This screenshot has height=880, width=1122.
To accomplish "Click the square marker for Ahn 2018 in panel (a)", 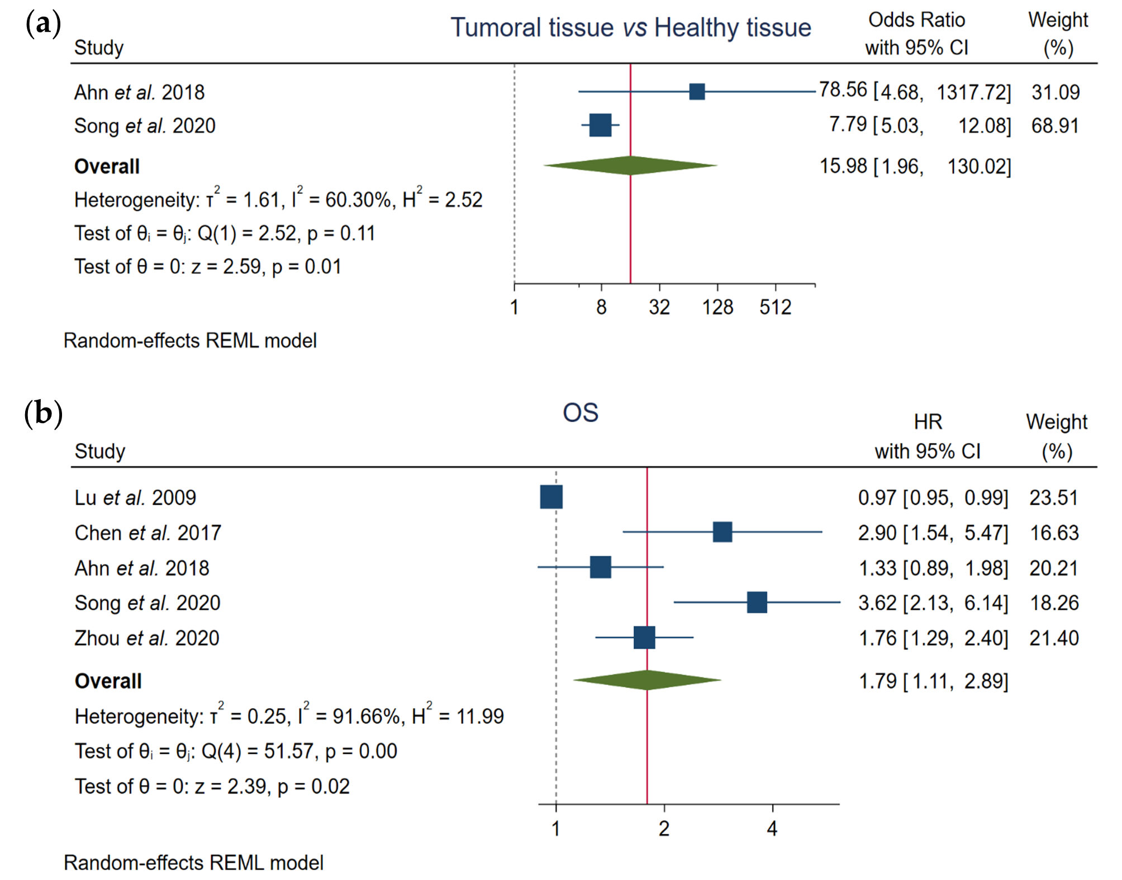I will point(697,92).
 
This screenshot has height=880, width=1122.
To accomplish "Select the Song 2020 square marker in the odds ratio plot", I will point(600,125).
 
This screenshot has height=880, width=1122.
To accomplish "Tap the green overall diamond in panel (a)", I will point(630,165).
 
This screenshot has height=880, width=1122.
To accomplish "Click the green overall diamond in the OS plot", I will point(647,680).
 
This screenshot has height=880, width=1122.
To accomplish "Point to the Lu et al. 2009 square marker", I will point(552,497).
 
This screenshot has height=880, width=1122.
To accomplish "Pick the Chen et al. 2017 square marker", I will point(722,532).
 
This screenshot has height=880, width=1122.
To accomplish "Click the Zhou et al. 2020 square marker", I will point(644,637).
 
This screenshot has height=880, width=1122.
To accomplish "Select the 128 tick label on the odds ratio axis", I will point(717,308).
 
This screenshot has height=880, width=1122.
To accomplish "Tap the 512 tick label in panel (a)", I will point(775,308).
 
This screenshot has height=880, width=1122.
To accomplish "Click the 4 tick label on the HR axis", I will point(772,829).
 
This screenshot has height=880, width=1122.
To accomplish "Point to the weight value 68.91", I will point(1055,126).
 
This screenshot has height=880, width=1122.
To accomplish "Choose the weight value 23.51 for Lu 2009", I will point(1053,498).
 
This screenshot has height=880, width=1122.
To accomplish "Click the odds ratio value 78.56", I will point(843,90).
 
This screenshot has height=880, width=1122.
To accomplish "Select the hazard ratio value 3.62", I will point(877,603).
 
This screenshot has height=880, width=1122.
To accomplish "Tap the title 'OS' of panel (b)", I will point(581,413).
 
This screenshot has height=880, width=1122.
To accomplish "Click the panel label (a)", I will point(43,24).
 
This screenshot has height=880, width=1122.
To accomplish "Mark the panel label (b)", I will point(43,414).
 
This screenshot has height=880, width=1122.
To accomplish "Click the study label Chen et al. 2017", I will point(148,533).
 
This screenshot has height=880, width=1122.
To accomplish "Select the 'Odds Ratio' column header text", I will point(916,20).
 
